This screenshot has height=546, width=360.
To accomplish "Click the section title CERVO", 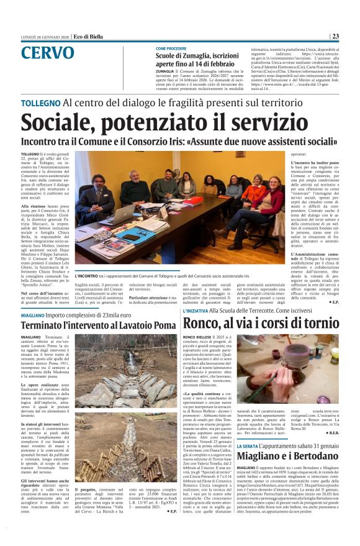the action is click(x=47, y=53).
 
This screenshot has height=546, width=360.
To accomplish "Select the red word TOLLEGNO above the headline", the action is click(x=40, y=102).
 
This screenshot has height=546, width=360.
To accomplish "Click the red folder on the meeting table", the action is click(x=193, y=202).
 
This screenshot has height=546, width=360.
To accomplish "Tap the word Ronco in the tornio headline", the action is click(x=202, y=323).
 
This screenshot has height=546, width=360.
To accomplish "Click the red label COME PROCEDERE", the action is click(x=171, y=48).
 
